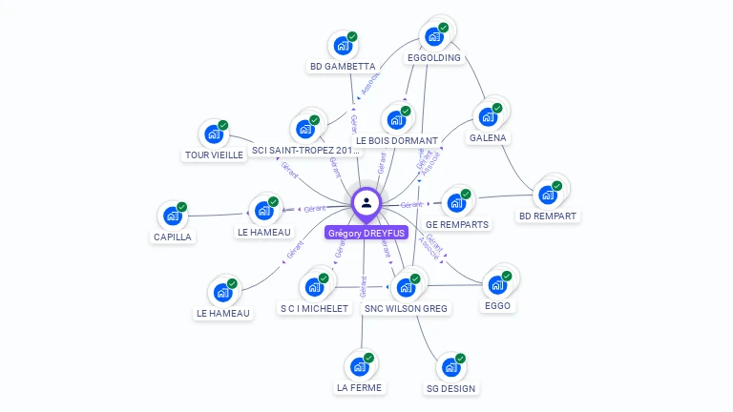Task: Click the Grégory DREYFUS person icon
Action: (366, 202)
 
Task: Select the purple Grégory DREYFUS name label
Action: (366, 233)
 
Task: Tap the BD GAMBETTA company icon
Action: (343, 45)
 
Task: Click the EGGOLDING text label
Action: (434, 58)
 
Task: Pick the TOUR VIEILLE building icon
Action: (214, 134)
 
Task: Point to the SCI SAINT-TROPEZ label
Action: (306, 151)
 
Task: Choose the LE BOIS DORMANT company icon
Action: (396, 120)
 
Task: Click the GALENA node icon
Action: (489, 116)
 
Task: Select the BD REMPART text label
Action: (548, 216)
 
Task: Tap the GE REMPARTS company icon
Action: (456, 202)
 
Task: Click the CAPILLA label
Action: (172, 237)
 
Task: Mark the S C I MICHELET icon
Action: (314, 286)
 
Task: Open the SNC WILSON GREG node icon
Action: (406, 286)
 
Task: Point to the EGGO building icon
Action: (497, 284)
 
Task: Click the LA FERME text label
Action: (359, 388)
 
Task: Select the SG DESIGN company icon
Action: (450, 366)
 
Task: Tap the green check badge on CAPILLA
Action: (181, 207)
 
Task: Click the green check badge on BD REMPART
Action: (557, 185)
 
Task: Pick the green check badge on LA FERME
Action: (368, 358)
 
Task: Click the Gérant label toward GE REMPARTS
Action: (411, 205)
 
